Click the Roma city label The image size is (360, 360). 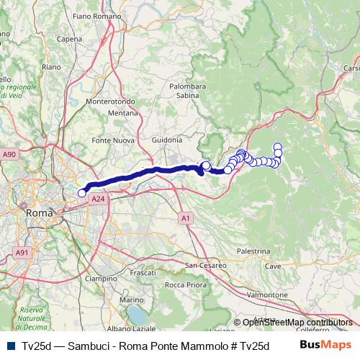pyautogui.click(x=38, y=213)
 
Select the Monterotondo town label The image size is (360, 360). pyautogui.click(x=111, y=102)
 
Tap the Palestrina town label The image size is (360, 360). pyautogui.click(x=253, y=251)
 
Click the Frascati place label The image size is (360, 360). pyautogui.click(x=143, y=273)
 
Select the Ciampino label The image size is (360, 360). pyautogui.click(x=100, y=278)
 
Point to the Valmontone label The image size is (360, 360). pyautogui.click(x=267, y=295)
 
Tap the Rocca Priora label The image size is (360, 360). pyautogui.click(x=185, y=284)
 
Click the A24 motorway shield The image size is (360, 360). pyautogui.click(x=99, y=198)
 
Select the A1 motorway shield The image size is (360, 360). pyautogui.click(x=186, y=217)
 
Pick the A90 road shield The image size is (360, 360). pyautogui.click(x=9, y=154)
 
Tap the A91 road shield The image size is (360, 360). pyautogui.click(x=22, y=253)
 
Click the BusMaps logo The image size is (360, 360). pyautogui.click(x=325, y=345)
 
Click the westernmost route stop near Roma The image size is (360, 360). pyautogui.click(x=81, y=192)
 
